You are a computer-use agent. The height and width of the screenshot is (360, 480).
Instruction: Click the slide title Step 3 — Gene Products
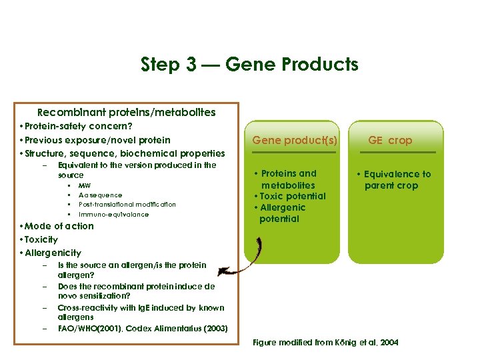tap(249, 65)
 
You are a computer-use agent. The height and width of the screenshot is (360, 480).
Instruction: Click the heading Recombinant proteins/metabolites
tap(127, 113)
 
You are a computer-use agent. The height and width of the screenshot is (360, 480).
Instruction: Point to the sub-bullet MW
tap(85, 185)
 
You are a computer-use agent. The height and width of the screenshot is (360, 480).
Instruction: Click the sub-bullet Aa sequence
tap(100, 195)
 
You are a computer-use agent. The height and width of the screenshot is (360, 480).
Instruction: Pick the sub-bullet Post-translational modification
tap(127, 205)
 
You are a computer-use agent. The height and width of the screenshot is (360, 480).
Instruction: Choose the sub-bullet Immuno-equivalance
tap(113, 215)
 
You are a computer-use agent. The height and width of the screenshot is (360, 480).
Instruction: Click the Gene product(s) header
tap(295, 140)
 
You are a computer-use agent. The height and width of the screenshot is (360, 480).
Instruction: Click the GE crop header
tap(391, 140)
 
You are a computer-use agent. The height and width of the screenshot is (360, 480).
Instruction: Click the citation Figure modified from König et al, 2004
tap(325, 343)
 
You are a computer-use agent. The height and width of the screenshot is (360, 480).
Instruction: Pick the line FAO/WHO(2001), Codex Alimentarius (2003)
tap(143, 329)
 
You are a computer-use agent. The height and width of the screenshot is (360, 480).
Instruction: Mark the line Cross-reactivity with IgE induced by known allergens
tap(140, 313)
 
